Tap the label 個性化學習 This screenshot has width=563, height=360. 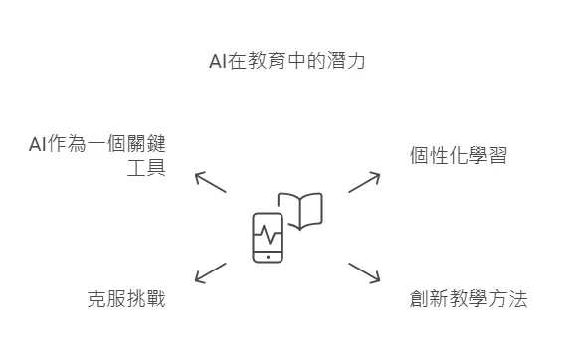[458, 155]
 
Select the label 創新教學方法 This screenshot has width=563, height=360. [468, 298]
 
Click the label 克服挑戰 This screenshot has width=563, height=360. [126, 298]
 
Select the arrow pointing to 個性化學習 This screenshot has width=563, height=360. [364, 182]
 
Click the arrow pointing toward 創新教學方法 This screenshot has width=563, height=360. [364, 272]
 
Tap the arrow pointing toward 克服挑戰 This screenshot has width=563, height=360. [210, 272]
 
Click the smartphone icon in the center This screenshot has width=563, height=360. [268, 238]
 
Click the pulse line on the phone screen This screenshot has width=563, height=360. [268, 235]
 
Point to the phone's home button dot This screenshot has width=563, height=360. [268, 257]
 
